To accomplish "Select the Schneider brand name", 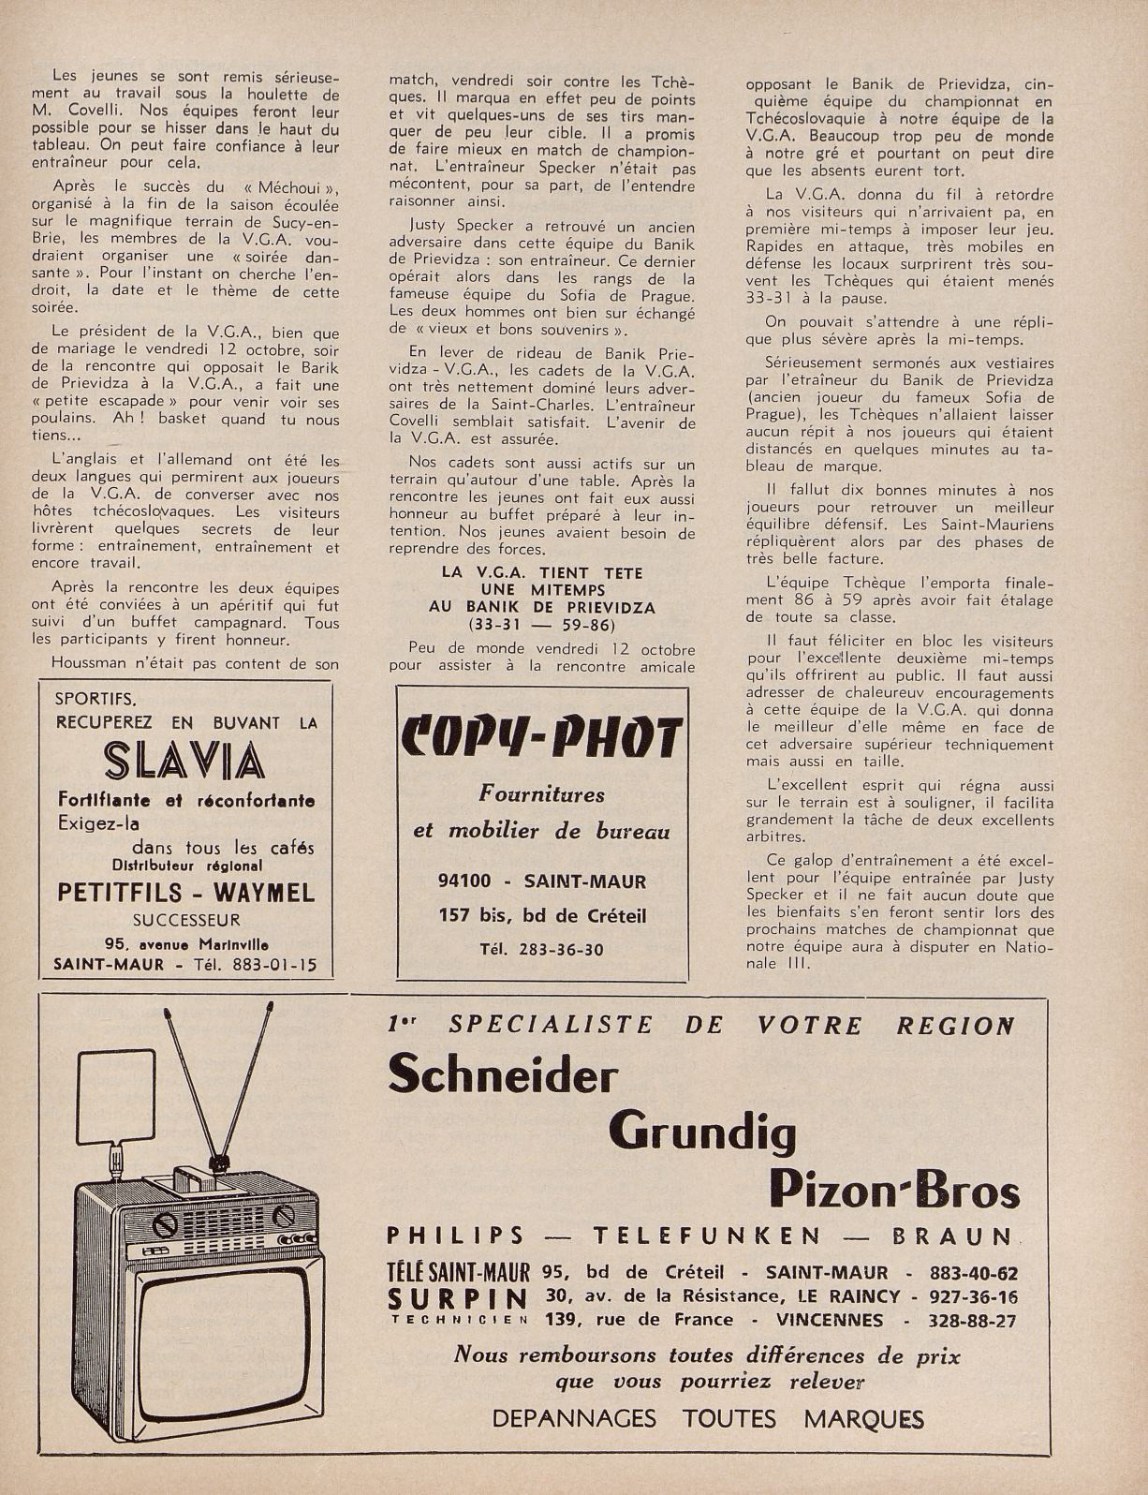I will pyautogui.click(x=503, y=1073).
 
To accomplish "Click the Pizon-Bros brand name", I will pyautogui.click(x=893, y=1191).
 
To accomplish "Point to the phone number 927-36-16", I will pyautogui.click(x=974, y=1296).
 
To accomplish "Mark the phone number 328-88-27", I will pyautogui.click(x=974, y=1320).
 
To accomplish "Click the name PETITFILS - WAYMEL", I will pyautogui.click(x=185, y=892).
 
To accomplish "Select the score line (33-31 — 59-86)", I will pyautogui.click(x=541, y=624).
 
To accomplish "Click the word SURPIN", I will pyautogui.click(x=457, y=1298).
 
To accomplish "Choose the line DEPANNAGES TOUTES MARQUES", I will pyautogui.click(x=707, y=1418).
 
